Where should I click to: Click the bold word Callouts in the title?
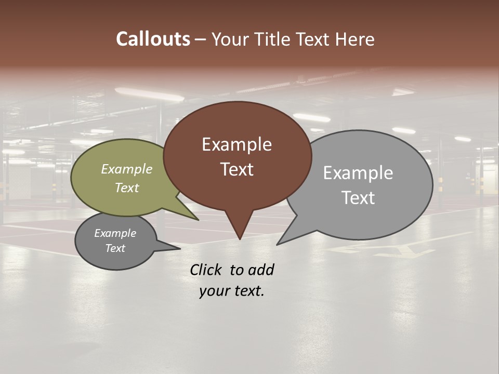point(153,39)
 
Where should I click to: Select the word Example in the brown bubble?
point(237,144)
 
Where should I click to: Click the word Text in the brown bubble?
point(237,169)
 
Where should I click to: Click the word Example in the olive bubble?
point(127,169)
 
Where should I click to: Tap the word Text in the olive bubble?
point(127,188)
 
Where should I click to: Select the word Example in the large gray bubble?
point(358,172)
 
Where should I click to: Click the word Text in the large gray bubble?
point(358,197)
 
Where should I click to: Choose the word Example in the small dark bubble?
point(115,233)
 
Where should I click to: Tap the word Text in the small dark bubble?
point(115,248)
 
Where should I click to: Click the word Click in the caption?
point(206,270)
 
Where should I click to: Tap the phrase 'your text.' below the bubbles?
point(232,291)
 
